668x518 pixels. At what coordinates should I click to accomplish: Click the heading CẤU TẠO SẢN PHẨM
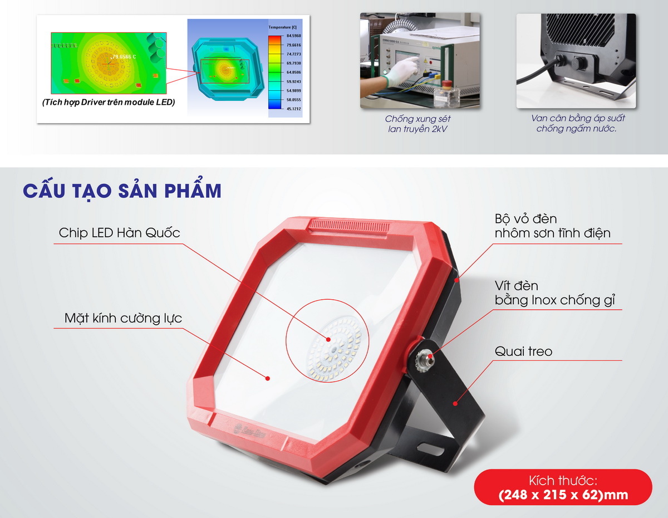tap(122, 190)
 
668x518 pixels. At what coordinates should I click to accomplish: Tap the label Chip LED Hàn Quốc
tap(119, 233)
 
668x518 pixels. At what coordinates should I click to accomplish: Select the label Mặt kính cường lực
tap(123, 319)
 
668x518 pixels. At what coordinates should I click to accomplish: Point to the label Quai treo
tap(523, 352)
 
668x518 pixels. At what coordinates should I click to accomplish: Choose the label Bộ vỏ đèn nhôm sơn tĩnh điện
tap(552, 226)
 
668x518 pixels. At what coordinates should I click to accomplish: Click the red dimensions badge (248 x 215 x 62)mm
tap(563, 488)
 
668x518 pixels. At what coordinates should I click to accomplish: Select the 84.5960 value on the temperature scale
tap(293, 35)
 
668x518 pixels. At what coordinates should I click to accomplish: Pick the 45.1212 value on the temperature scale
tap(293, 109)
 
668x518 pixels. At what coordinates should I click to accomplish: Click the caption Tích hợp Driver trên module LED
tap(108, 102)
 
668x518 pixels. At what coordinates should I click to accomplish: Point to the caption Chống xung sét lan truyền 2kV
tap(417, 124)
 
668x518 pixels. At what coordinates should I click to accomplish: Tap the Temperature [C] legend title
tap(283, 27)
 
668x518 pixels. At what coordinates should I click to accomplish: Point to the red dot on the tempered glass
tap(268, 378)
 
